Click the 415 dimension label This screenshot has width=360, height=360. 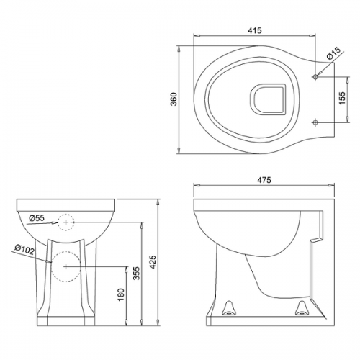coord(255,30)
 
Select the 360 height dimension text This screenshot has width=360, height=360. coord(174,99)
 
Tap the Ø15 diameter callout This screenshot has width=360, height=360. coord(333,53)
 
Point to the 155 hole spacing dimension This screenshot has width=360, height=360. coord(342,98)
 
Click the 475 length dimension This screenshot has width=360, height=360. coord(264,180)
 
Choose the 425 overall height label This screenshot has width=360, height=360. coord(153,262)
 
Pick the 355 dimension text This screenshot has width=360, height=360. coord(137,274)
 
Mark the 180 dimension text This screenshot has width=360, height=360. coord(121,294)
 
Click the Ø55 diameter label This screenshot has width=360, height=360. coord(37,218)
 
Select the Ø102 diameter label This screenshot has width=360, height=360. coord(24,249)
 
